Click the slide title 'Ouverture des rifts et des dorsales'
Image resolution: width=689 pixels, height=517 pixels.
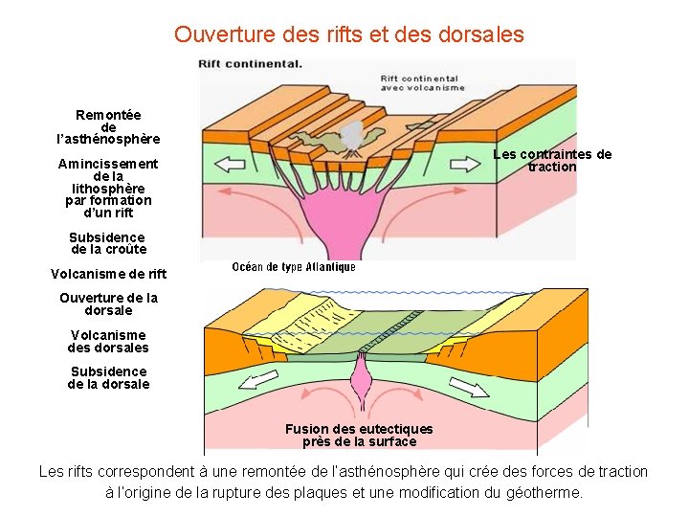click(348, 35)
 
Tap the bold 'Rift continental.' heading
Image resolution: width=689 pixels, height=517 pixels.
click(250, 64)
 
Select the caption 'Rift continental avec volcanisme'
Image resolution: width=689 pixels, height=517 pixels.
click(422, 83)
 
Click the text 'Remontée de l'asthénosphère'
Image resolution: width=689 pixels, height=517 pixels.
click(108, 127)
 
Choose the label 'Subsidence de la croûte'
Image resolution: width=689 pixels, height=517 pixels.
click(108, 243)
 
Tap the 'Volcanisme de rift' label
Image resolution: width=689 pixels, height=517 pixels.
click(108, 275)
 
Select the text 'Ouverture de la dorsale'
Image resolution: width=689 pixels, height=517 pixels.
click(108, 303)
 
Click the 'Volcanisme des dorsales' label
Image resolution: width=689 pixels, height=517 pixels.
click(108, 341)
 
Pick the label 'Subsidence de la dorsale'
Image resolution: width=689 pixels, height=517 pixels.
click(108, 377)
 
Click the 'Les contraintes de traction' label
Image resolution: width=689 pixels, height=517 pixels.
click(552, 161)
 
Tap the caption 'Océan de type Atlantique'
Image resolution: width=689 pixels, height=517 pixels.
click(294, 267)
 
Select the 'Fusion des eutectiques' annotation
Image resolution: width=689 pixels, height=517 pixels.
click(359, 436)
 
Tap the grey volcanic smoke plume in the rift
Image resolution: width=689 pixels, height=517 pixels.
click(352, 134)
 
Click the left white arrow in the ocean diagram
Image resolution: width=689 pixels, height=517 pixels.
click(258, 381)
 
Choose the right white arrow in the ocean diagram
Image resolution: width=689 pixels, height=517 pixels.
click(469, 386)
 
